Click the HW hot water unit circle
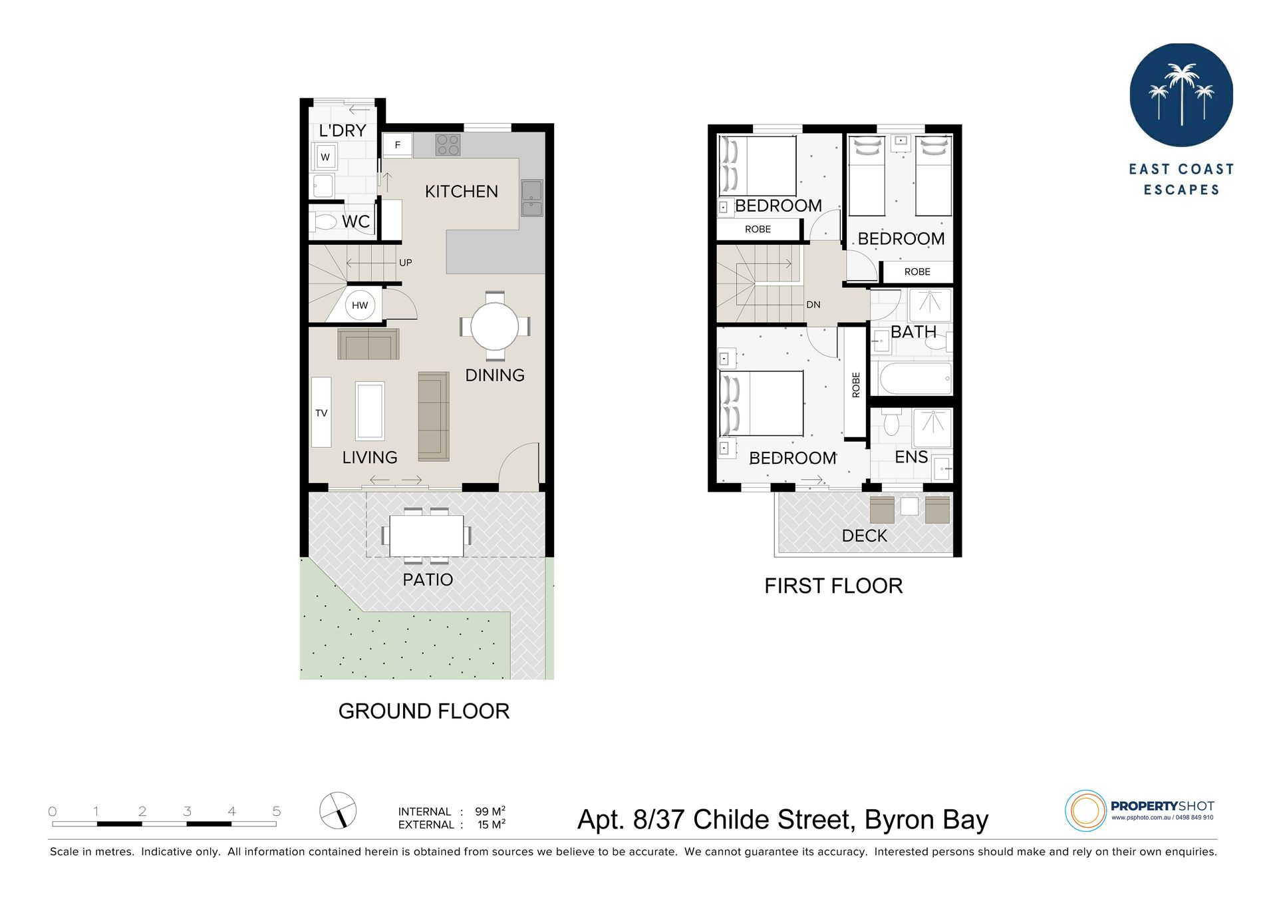click(360, 305)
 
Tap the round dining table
click(495, 327)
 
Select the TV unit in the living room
click(321, 412)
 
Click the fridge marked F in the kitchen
click(398, 145)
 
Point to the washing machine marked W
click(325, 157)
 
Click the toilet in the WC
click(324, 222)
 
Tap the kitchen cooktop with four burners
click(448, 145)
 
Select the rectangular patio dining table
click(426, 536)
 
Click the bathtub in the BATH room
click(915, 379)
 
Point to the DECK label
click(865, 536)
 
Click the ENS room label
click(911, 457)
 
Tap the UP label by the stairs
click(406, 263)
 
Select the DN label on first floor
click(813, 305)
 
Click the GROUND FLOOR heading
click(424, 711)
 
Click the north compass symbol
click(338, 811)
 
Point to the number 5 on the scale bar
click(277, 811)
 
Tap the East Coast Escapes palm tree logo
click(1181, 95)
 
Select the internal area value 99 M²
click(490, 811)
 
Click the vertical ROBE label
click(856, 385)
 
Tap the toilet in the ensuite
click(891, 421)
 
